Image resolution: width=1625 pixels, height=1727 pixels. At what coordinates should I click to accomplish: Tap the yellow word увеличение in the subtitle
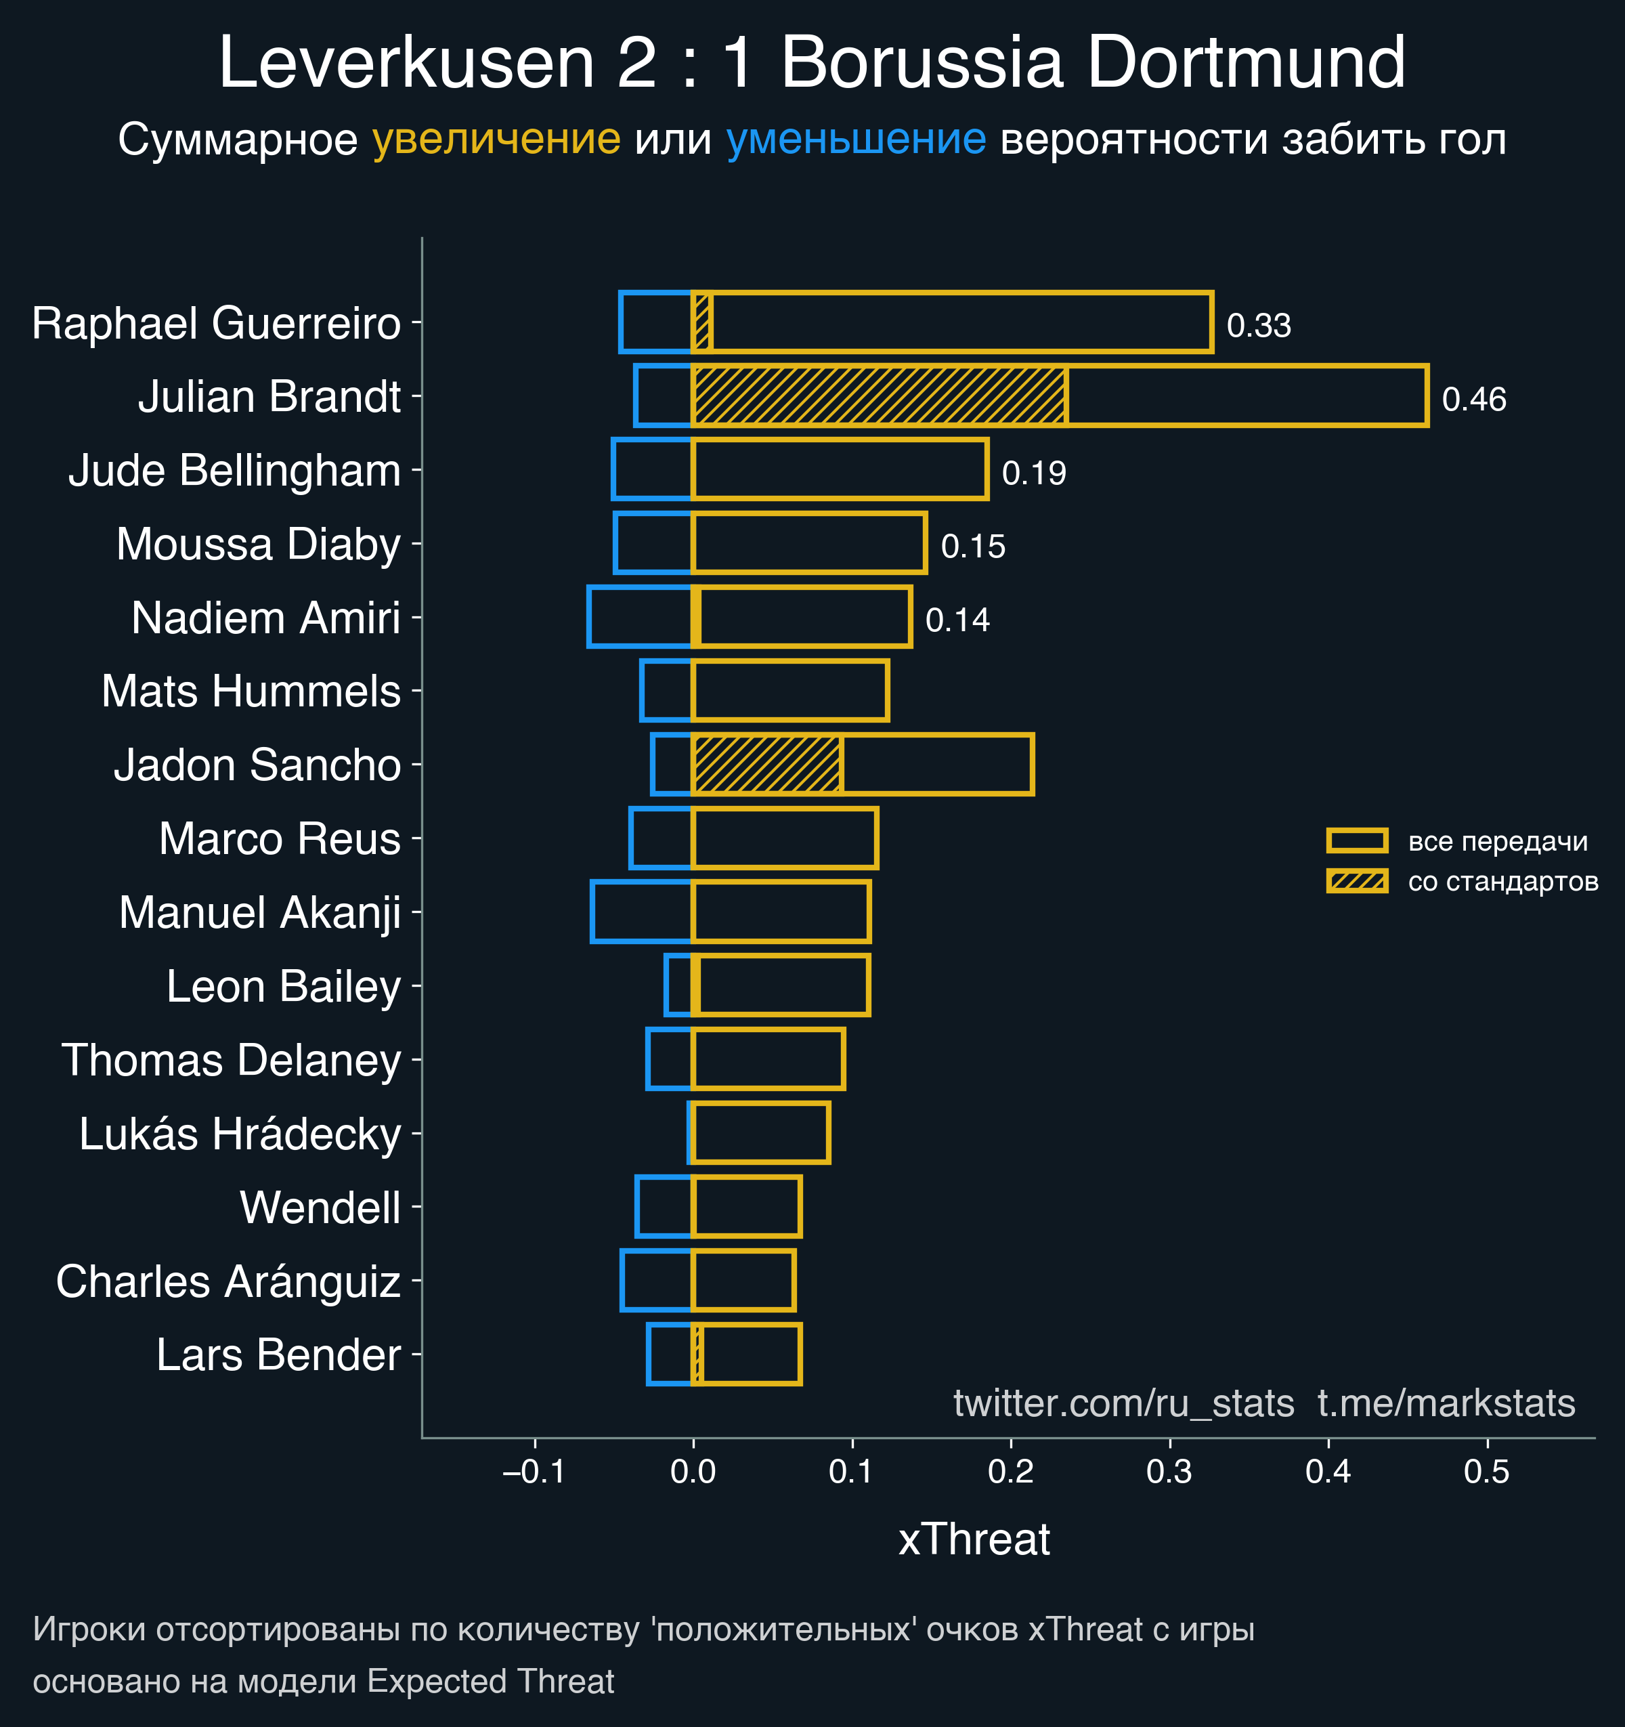click(496, 139)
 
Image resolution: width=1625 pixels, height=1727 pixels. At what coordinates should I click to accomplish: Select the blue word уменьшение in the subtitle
click(855, 139)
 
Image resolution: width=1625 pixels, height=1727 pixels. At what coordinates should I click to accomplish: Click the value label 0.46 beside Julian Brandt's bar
click(1474, 400)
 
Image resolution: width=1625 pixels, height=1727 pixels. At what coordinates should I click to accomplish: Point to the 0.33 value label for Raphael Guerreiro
click(1259, 326)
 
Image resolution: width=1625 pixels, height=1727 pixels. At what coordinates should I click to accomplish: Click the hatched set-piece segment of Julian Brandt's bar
click(879, 396)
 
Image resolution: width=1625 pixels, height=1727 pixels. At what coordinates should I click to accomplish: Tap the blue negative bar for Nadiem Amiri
click(640, 617)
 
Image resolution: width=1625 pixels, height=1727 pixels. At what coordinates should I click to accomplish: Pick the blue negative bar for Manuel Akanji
click(642, 912)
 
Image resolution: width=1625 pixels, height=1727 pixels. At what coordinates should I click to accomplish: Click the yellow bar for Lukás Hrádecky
click(761, 1133)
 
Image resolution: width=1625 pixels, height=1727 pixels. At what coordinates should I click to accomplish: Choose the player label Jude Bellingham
click(234, 471)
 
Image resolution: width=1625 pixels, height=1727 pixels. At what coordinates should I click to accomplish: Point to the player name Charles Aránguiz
click(227, 1281)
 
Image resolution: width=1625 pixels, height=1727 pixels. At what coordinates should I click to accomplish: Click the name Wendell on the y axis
click(320, 1208)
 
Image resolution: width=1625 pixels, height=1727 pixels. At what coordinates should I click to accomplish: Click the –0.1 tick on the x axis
click(534, 1472)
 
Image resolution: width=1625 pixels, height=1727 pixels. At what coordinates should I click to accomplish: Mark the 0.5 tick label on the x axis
click(1487, 1472)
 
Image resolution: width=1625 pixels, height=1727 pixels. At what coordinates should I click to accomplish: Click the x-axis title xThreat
click(974, 1539)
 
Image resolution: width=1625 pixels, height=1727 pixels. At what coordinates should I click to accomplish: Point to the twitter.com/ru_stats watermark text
click(1124, 1403)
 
